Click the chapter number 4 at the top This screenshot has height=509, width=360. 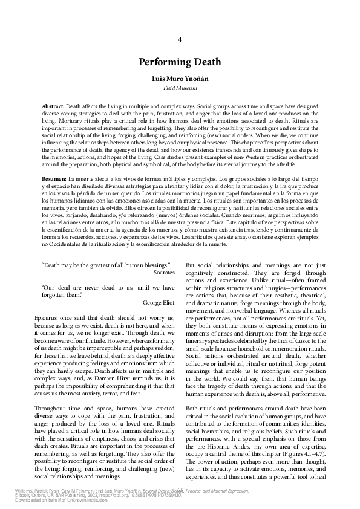[180, 40]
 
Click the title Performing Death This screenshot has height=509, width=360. [180, 62]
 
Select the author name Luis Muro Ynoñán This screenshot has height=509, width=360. [180, 79]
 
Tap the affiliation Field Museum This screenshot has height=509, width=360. [180, 88]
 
